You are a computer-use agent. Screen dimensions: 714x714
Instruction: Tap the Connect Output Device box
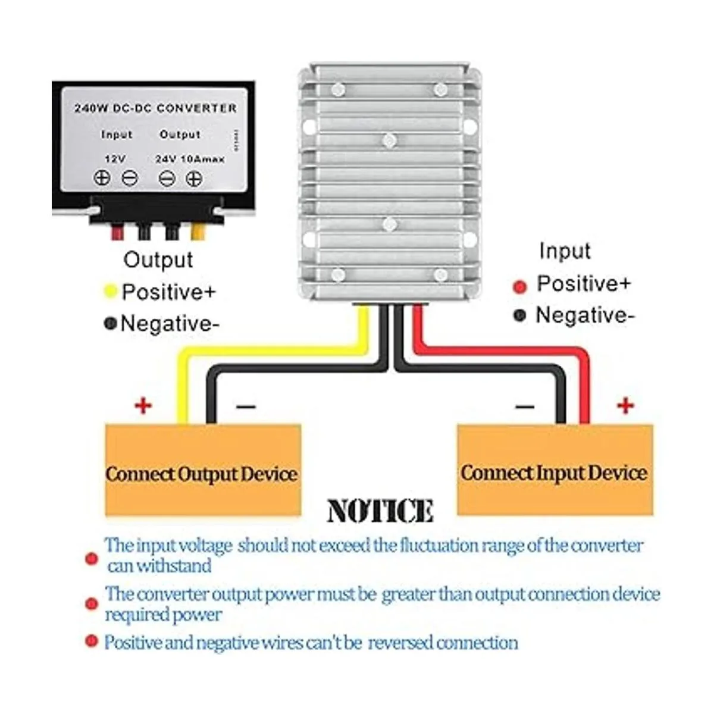[x=202, y=470]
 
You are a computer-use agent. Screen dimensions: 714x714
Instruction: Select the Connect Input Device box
[x=554, y=470]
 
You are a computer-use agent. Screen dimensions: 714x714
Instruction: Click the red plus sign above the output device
[x=143, y=406]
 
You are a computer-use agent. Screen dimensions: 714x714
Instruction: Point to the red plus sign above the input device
[x=625, y=406]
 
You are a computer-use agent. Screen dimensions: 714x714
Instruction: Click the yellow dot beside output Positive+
[x=110, y=292]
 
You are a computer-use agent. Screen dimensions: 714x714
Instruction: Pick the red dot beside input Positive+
[x=520, y=287]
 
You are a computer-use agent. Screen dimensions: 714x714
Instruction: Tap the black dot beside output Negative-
[x=110, y=324]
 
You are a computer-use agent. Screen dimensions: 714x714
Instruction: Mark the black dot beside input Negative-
[x=520, y=315]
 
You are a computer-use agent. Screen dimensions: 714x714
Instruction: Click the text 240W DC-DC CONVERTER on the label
[x=155, y=108]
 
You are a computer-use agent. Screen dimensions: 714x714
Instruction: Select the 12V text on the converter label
[x=114, y=159]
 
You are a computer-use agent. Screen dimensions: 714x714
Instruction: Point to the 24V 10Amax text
[x=190, y=159]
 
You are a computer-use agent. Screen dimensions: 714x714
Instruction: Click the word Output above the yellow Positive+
[x=158, y=259]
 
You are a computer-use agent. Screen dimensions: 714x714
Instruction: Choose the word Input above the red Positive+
[x=565, y=251]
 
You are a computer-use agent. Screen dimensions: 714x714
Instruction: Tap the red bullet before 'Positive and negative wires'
[x=91, y=641]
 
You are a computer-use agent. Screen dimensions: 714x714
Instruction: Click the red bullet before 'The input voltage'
[x=91, y=559]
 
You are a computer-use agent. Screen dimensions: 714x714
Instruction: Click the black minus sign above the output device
[x=246, y=407]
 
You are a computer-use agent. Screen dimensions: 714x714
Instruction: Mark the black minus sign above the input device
[x=524, y=407]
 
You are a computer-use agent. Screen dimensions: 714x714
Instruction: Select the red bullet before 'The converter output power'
[x=91, y=604]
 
